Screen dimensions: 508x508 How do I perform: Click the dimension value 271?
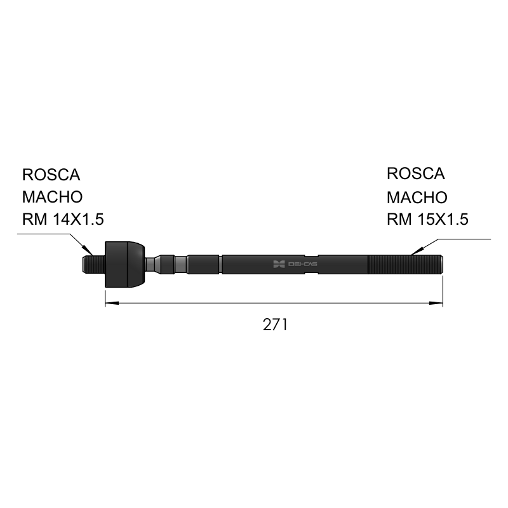click(275, 324)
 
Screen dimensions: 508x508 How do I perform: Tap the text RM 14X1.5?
click(63, 219)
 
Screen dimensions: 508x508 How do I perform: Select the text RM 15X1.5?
click(427, 219)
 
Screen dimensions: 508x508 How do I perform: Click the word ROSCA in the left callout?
click(51, 175)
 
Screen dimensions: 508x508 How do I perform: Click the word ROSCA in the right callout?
click(416, 173)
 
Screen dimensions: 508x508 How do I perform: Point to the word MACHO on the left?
click(53, 197)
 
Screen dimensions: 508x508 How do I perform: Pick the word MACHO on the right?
click(417, 197)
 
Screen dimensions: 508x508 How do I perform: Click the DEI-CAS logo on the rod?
click(295, 264)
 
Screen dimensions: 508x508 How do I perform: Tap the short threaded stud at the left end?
click(93, 264)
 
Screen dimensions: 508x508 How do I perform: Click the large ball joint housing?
click(124, 264)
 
